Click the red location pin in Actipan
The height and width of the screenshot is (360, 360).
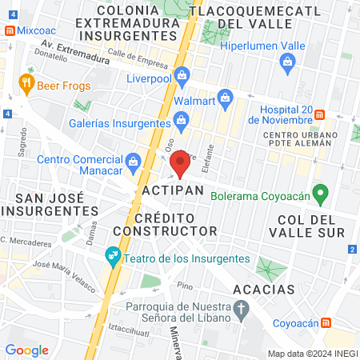pos(181,162)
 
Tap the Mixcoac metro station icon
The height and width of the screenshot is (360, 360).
pos(9,30)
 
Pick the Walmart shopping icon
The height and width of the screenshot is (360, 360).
pos(226,98)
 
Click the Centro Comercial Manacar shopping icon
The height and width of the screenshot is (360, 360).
pos(132,160)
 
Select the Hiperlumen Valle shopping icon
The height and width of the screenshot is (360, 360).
pos(286,62)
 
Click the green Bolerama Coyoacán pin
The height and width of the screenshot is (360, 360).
pos(320,193)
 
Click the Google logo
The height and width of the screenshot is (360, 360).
pos(26,350)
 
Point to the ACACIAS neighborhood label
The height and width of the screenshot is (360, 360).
pos(264,288)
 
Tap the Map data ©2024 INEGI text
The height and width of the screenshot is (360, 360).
pos(311,354)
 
